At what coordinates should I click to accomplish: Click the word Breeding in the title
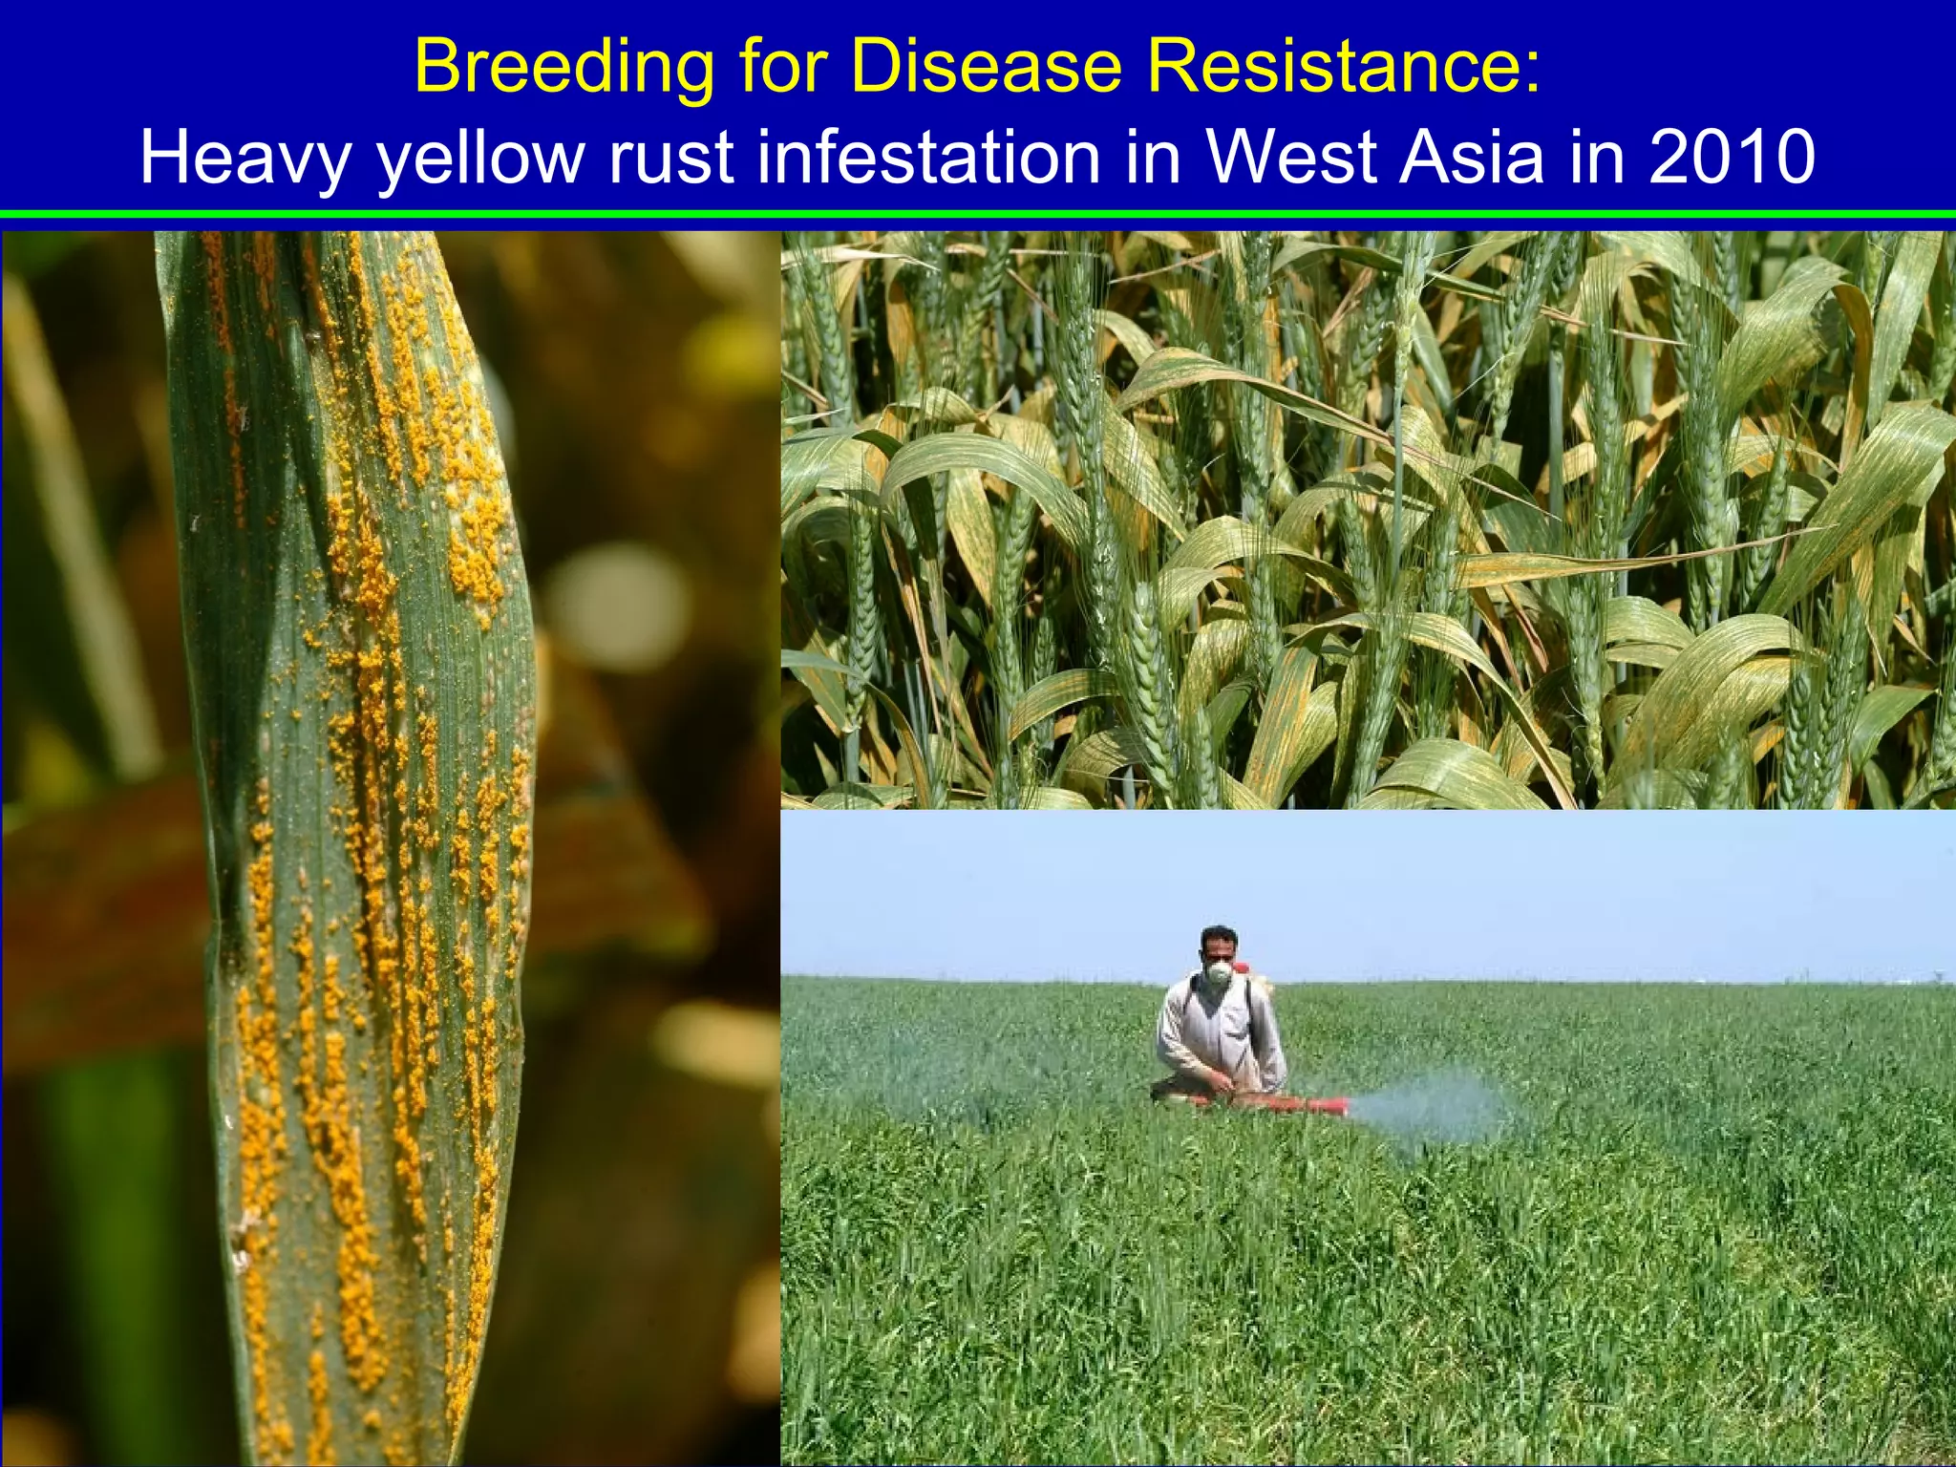[563, 67]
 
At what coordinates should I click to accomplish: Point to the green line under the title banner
[978, 215]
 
